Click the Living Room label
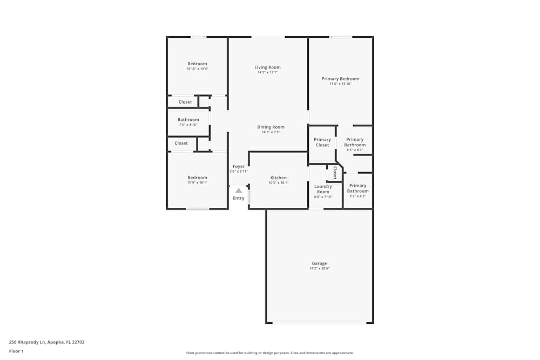pos(267,67)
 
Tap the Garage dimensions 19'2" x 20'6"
pos(319,268)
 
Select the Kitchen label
pos(278,178)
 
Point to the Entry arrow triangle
pos(238,190)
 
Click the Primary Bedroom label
pos(340,79)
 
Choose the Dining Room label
pos(271,127)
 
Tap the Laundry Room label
pos(323,189)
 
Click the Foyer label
pos(238,166)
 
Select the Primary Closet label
pos(322,142)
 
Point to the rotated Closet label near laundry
pos(335,173)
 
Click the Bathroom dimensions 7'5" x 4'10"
pos(188,125)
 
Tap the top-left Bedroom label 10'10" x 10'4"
pos(197,64)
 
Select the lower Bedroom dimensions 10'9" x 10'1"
pos(197,182)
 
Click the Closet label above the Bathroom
pos(185,102)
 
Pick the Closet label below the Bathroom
pos(181,143)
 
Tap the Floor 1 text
pos(16,351)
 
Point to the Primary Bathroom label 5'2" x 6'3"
pos(357,188)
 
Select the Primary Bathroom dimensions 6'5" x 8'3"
pos(355,150)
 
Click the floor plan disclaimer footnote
pos(270,352)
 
